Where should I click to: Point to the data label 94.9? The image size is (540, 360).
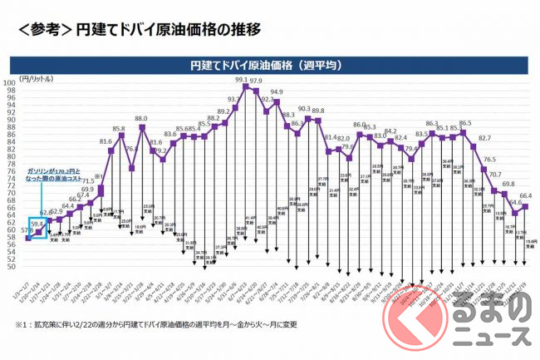coord(276,92)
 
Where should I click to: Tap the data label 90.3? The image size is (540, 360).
coord(304,109)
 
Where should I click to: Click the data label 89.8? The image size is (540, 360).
coord(318,111)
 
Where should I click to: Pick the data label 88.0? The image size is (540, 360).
coord(141,119)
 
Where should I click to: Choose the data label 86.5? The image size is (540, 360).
coord(465,123)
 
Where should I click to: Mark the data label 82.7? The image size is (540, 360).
coord(485,138)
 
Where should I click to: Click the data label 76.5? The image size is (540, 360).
coord(490,159)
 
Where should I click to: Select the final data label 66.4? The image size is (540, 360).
coord(525,196)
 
